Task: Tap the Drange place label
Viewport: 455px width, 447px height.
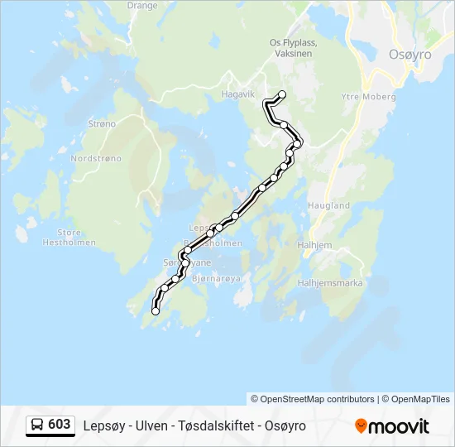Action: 142,5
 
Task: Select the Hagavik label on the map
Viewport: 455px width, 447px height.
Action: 238,94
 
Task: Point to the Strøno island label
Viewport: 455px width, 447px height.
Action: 102,123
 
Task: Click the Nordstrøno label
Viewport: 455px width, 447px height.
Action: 96,157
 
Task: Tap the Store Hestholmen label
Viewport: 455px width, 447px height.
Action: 69,238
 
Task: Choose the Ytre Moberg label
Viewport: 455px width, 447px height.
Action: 368,97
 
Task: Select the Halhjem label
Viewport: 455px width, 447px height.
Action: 314,245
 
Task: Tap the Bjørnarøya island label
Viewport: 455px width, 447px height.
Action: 215,279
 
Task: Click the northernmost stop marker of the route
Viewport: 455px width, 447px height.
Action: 282,94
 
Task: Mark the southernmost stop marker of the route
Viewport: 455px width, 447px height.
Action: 156,311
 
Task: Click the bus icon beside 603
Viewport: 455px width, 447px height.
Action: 37,425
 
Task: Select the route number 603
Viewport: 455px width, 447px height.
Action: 60,425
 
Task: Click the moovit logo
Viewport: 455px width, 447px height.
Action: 392,426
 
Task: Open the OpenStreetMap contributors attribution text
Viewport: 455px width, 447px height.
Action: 313,399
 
